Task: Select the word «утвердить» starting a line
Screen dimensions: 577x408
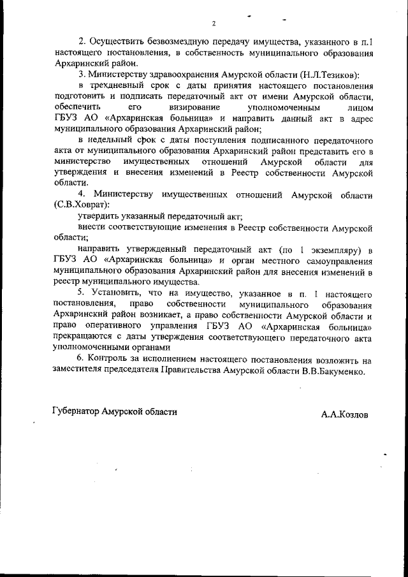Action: (99, 216)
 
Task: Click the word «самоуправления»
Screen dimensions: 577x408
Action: (333, 260)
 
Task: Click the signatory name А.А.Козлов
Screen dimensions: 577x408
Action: (345, 413)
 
